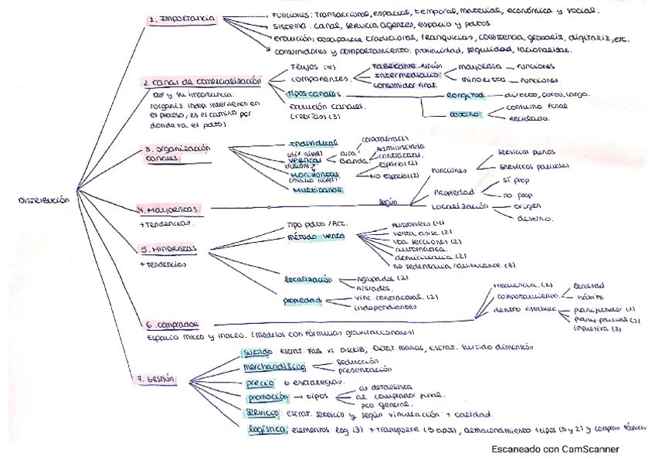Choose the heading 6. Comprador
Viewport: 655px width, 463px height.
coord(170,324)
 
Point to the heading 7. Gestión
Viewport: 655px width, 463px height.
coord(155,379)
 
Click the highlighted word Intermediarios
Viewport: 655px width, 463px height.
coord(406,76)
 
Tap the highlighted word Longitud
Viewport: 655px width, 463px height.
coord(465,95)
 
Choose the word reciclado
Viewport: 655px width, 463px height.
coord(528,118)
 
